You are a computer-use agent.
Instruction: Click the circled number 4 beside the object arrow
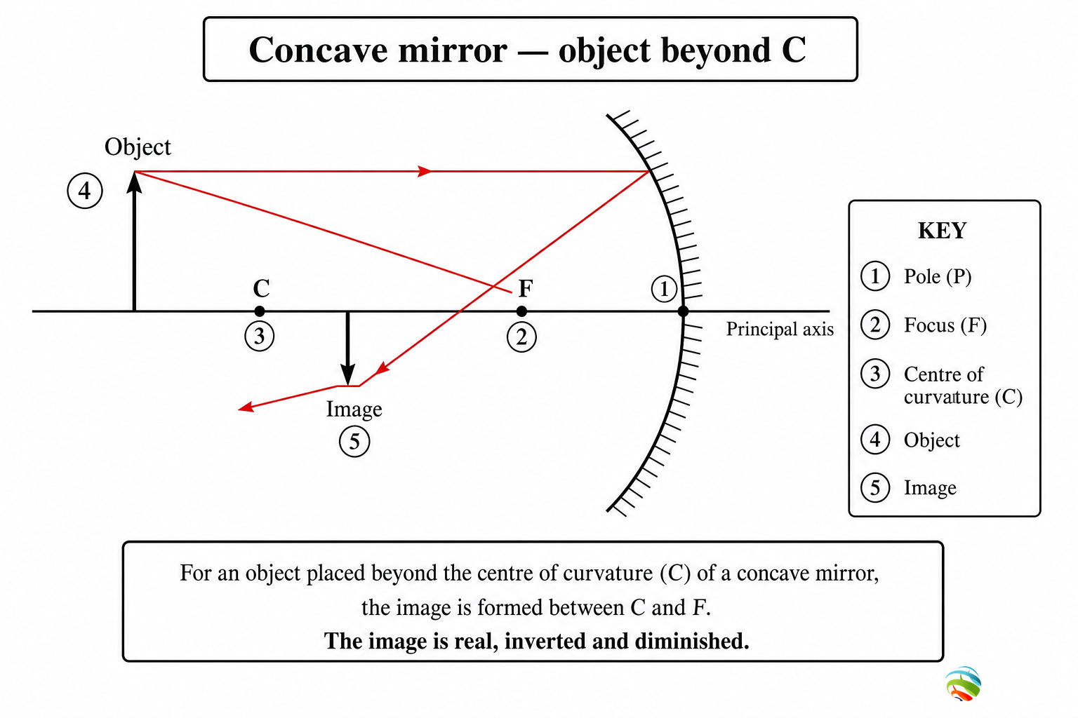point(85,191)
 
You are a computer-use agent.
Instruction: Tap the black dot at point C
point(260,311)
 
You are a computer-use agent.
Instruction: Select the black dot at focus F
point(521,311)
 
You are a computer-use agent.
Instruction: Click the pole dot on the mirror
point(683,311)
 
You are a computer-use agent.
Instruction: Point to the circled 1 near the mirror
point(664,289)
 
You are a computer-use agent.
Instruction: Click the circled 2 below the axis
point(521,337)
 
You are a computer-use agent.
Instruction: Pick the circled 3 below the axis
point(260,336)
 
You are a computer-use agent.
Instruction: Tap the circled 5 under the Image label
point(354,442)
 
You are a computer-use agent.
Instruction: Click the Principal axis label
point(780,330)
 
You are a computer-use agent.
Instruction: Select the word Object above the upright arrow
point(138,147)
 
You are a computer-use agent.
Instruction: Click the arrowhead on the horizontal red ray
point(424,171)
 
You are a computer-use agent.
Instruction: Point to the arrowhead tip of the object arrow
point(134,172)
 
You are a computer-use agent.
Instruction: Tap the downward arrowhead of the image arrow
point(348,375)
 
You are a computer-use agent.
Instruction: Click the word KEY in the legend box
point(943,231)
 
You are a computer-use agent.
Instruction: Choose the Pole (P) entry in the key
point(938,276)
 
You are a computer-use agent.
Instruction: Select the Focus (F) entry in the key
point(945,325)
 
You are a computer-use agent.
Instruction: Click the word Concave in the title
point(318,50)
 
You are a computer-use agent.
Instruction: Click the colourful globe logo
point(963,684)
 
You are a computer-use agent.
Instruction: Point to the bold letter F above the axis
point(526,289)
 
